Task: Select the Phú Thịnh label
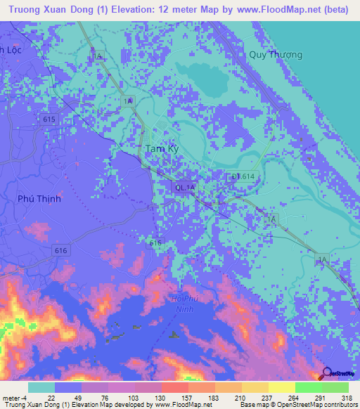(39, 199)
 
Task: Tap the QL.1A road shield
(184, 186)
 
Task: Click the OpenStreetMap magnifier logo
(326, 374)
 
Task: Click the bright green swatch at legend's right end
(335, 387)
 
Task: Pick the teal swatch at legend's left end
(41, 387)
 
